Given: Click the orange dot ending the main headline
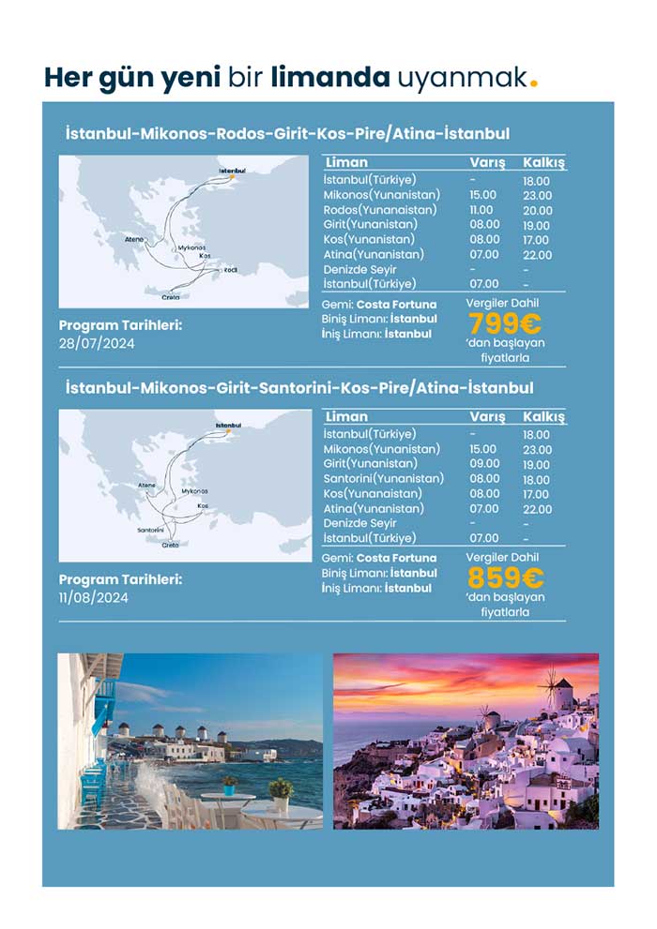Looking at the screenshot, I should point(534,83).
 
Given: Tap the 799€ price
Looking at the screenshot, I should point(505,323).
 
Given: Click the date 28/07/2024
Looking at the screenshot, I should point(97,344).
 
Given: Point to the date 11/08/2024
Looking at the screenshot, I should point(94,598).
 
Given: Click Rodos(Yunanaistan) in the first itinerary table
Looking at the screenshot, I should point(379,210).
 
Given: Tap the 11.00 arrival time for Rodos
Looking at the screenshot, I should point(481,210).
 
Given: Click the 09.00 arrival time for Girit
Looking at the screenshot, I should point(483,464).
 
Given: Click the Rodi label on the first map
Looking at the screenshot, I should point(230,270).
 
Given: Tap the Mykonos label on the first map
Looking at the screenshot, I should point(191,248).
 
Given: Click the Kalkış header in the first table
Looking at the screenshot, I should point(543,162).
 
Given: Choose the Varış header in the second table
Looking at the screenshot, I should point(487,416).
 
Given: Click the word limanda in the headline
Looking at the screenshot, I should point(329,76).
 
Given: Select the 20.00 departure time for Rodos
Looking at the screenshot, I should point(538,210).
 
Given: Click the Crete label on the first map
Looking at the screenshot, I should point(170,297).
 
